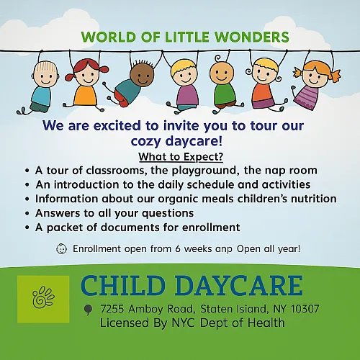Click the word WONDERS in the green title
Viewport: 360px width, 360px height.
coord(252,37)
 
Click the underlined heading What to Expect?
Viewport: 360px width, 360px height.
coord(181,157)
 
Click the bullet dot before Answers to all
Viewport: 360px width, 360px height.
coord(27,213)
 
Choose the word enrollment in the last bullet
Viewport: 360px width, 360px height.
coord(211,228)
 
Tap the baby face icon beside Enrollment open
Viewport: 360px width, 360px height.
coord(61,249)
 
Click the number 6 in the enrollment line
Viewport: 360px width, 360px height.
coord(178,248)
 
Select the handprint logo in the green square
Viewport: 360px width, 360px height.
coord(43,297)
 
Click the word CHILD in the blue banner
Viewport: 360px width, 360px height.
coord(123,286)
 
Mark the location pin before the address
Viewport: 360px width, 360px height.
coord(88,310)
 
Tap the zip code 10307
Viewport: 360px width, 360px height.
coord(305,309)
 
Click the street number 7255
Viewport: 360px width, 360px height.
coord(112,309)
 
